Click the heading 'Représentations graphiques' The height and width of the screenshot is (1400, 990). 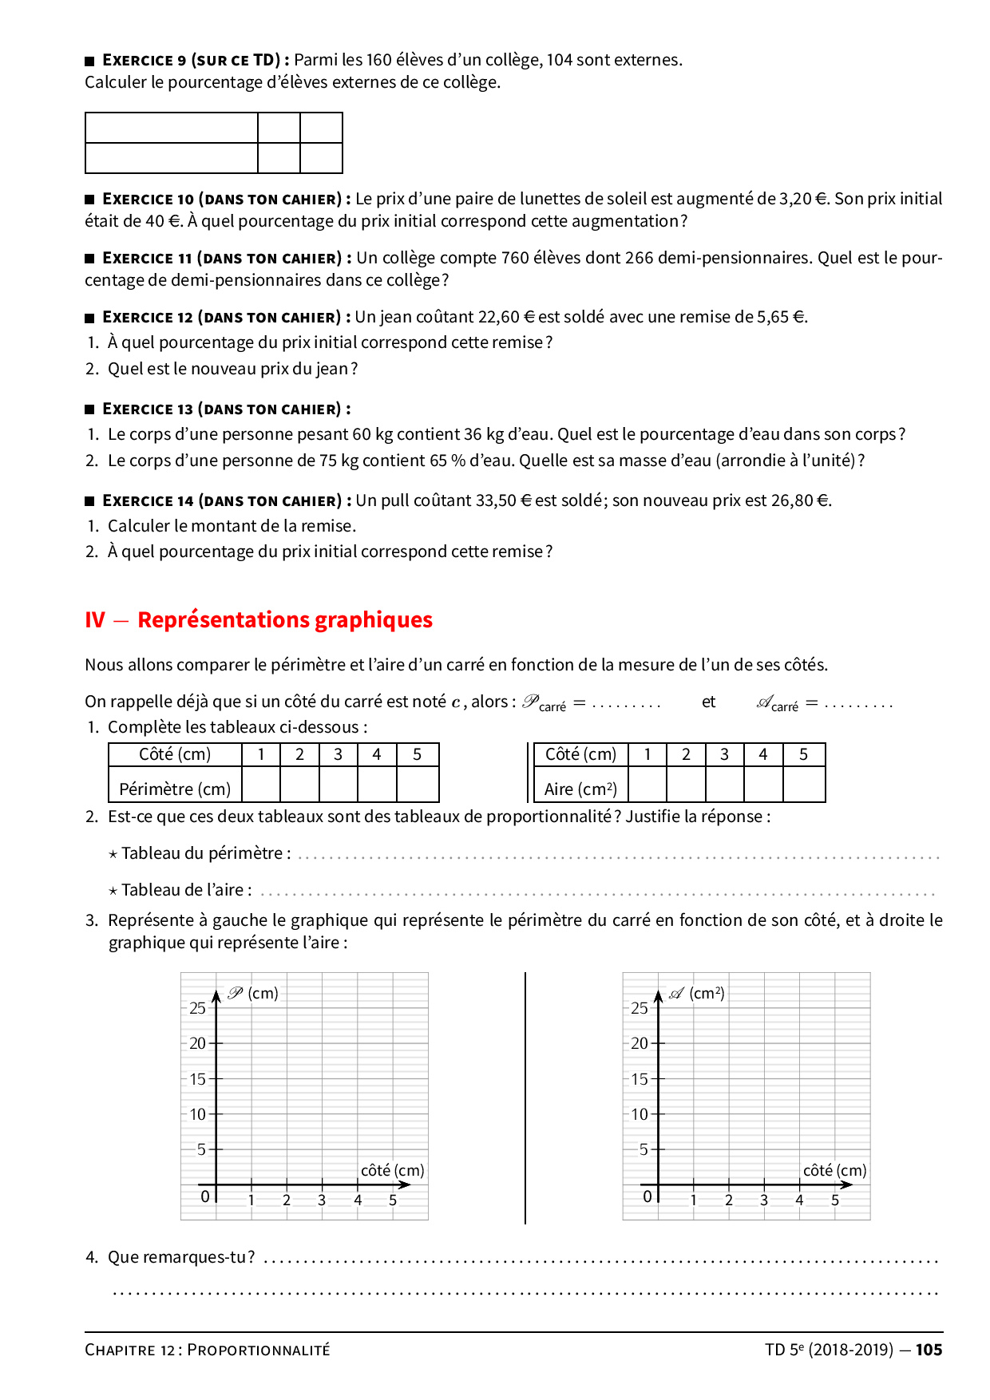284,620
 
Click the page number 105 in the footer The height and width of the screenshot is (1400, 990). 929,1350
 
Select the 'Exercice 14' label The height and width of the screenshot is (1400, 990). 148,500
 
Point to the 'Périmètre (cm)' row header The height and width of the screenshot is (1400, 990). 175,789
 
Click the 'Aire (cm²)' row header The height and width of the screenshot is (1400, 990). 580,789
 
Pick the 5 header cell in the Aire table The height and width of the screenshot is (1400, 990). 803,754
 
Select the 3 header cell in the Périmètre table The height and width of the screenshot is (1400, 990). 338,754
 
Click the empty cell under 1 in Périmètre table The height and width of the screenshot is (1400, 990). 261,784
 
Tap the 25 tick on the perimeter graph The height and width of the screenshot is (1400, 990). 197,1008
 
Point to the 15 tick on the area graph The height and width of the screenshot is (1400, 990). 640,1079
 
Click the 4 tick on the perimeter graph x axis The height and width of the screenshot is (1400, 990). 358,1200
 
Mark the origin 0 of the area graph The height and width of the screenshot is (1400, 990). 647,1196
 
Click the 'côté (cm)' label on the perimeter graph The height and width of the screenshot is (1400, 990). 392,1170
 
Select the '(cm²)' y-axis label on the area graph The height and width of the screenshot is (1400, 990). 707,993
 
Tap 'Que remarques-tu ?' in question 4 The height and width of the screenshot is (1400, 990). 181,1257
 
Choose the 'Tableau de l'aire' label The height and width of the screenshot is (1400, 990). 186,890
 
